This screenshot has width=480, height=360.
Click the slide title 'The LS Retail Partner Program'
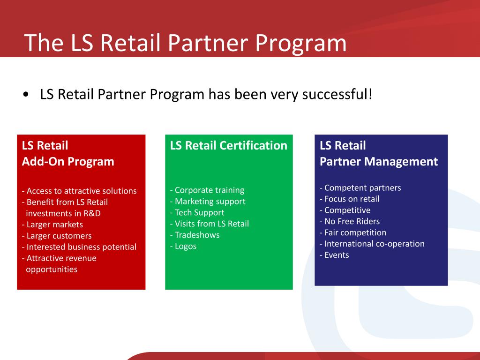pyautogui.click(x=185, y=43)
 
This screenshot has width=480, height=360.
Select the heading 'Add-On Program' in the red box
pyautogui.click(x=68, y=162)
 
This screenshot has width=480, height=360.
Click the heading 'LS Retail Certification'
pyautogui.click(x=229, y=145)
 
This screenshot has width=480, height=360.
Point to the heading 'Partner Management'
pyautogui.click(x=379, y=162)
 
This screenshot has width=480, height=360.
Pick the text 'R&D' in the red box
pyautogui.click(x=92, y=213)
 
